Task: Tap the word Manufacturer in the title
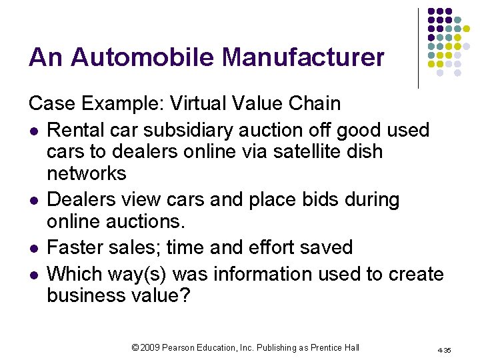pyautogui.click(x=303, y=57)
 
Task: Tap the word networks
pyautogui.click(x=87, y=174)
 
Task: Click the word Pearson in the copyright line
pyautogui.click(x=187, y=347)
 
